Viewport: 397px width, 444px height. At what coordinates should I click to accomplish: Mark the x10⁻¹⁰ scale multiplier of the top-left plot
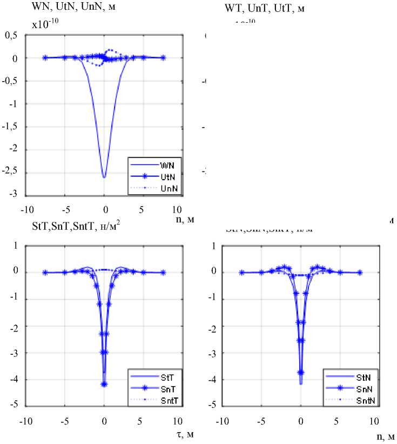coord(46,23)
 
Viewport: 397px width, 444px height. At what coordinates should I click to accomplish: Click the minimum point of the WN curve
coord(104,177)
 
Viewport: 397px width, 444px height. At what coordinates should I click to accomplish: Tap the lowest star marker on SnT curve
coord(104,384)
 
